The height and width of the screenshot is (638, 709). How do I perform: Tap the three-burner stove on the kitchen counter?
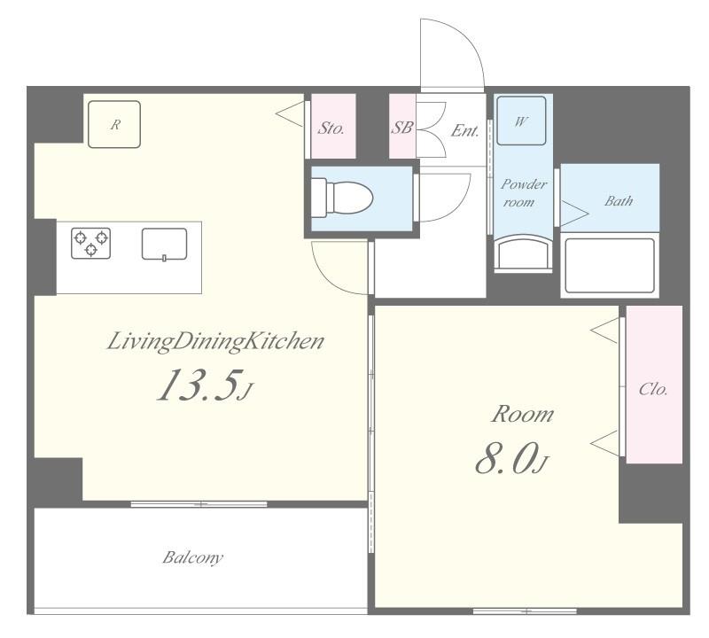[91, 243]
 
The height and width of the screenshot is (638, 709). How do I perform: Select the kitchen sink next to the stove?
[164, 244]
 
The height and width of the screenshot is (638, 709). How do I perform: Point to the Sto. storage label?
[331, 128]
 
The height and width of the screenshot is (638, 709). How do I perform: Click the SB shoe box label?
[402, 128]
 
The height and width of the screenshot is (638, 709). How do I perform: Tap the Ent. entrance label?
[464, 130]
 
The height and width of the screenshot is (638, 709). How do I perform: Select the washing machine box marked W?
[519, 121]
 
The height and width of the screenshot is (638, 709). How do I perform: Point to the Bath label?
[619, 201]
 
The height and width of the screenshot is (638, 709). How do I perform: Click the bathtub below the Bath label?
[610, 264]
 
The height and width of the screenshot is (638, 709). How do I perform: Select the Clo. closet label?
[653, 390]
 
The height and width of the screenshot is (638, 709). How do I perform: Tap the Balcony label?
[192, 558]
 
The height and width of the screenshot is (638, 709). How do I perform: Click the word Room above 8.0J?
[523, 414]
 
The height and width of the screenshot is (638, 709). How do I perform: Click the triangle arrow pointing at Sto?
[289, 113]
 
